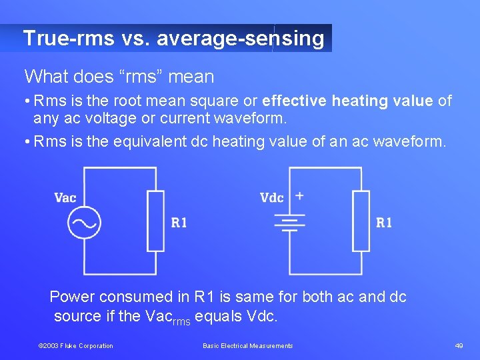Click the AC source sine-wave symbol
84,223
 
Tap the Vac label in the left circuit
65,197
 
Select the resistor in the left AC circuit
155,221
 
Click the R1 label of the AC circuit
179,223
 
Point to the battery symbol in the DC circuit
289,222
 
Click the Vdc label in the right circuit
272,197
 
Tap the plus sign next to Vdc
299,195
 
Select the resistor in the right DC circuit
361,221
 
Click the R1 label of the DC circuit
384,223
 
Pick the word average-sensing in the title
240,38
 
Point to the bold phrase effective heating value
347,101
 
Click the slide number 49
459,345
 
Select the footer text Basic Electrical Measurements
247,345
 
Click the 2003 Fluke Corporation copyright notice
75,345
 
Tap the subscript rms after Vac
181,321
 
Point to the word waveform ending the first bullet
252,119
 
